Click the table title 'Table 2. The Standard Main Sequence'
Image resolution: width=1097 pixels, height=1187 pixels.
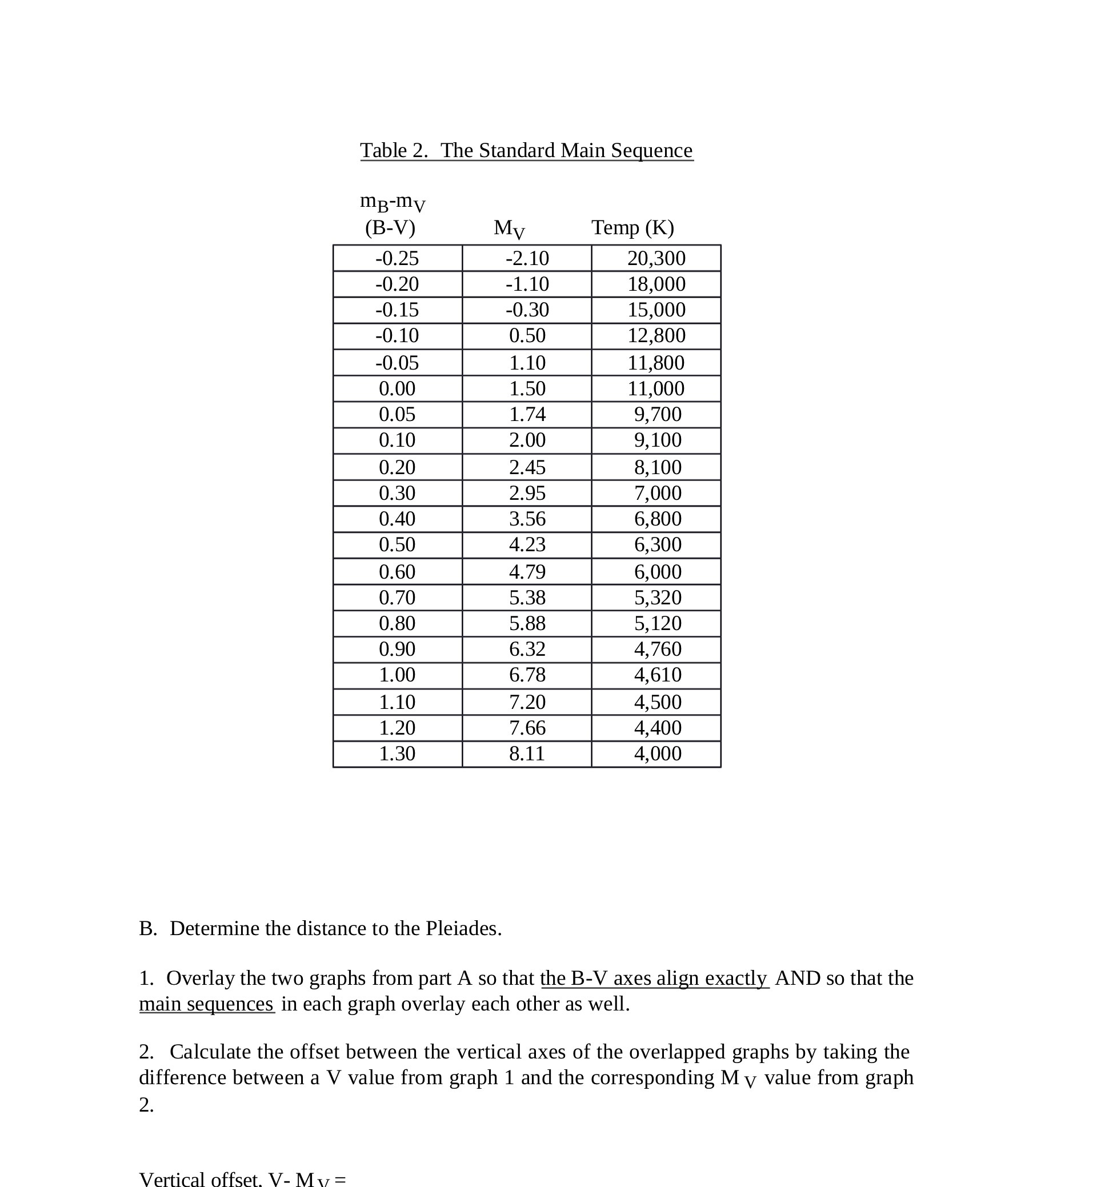526,151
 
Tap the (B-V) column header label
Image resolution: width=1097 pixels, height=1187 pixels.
390,227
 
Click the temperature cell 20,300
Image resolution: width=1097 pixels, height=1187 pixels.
656,258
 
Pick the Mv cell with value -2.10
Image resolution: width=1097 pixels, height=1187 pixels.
527,258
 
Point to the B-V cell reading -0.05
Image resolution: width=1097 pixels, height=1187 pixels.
397,363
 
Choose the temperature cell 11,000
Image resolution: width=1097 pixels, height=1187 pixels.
656,389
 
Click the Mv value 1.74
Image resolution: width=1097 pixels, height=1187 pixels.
527,414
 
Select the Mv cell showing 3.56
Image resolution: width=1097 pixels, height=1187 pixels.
527,519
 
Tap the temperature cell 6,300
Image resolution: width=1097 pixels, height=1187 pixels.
657,544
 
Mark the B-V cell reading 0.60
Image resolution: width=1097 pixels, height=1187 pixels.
397,572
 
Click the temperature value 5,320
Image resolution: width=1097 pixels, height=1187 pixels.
657,597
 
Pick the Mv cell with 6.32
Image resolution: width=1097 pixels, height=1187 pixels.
527,649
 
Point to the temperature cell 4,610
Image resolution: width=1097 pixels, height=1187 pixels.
657,675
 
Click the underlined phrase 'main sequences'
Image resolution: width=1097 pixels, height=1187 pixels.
206,1004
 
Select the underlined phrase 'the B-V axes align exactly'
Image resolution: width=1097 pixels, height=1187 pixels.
654,978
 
